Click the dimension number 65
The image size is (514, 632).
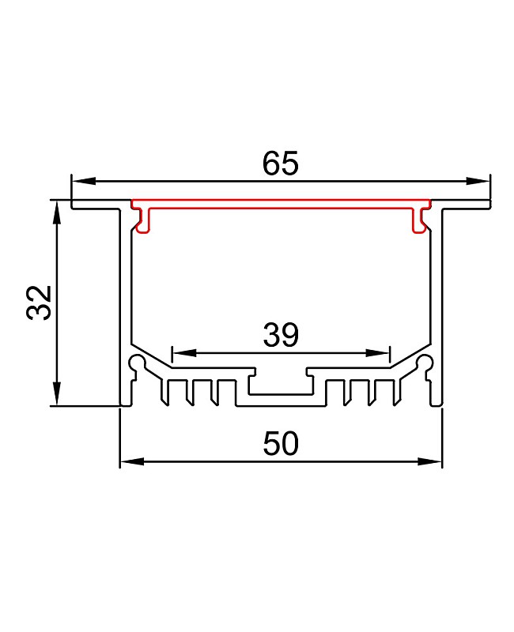(280, 164)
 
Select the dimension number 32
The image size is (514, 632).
(40, 302)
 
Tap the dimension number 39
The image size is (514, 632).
(281, 336)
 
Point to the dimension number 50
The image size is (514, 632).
(281, 444)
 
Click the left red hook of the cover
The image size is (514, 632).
(142, 221)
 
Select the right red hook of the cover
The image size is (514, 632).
(419, 221)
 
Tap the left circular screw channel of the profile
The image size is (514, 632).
(138, 364)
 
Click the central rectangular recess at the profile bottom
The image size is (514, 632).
(280, 385)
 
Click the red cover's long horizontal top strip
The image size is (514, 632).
(281, 203)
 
